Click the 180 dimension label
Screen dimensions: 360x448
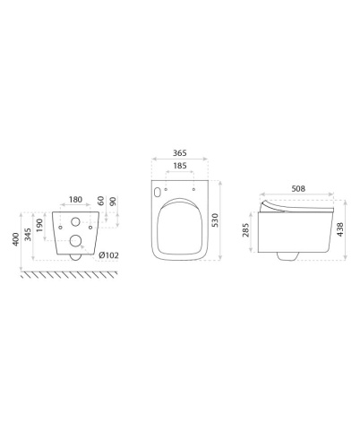pyautogui.click(x=75, y=200)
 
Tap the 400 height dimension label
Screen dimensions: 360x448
pyautogui.click(x=16, y=239)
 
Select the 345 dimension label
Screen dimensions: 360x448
pyautogui.click(x=28, y=235)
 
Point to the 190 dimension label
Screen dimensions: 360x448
pyautogui.click(x=39, y=225)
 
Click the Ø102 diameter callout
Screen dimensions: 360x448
pyautogui.click(x=108, y=255)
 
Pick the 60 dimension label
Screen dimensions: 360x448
pyautogui.click(x=101, y=201)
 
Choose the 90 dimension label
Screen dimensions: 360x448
pyautogui.click(x=113, y=202)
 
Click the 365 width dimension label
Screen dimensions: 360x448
pyautogui.click(x=180, y=153)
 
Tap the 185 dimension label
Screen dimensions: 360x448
pyautogui.click(x=180, y=166)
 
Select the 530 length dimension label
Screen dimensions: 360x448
pyautogui.click(x=215, y=220)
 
